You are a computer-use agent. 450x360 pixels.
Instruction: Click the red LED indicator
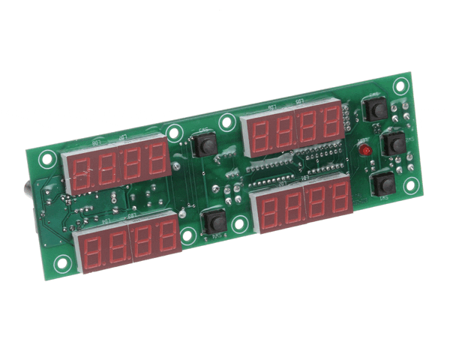click(365, 151)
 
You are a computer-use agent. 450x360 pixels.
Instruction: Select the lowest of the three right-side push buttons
click(383, 184)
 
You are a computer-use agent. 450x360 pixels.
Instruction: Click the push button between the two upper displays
click(202, 144)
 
